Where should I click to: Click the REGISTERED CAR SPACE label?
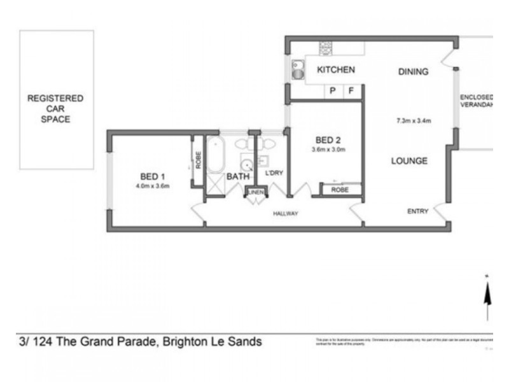55,109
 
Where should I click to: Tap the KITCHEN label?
336,70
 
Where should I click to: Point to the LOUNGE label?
408,161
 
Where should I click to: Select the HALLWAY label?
285,213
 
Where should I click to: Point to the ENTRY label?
417,211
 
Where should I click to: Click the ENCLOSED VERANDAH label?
477,101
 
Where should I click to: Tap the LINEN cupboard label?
255,192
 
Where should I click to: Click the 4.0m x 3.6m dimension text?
152,187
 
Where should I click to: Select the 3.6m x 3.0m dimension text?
328,150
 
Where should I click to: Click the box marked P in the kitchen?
332,91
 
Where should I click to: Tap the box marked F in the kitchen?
351,91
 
